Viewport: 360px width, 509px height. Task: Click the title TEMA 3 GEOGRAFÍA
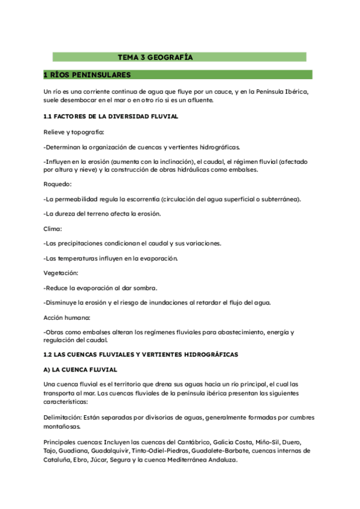(155, 58)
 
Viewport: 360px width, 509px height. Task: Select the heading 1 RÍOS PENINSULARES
(87, 75)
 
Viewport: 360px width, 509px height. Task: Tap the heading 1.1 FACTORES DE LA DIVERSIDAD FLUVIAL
(110, 116)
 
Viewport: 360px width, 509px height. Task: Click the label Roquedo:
(58, 184)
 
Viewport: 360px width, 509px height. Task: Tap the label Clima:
(53, 229)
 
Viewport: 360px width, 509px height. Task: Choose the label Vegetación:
(61, 273)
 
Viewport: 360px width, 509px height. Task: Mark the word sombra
(145, 288)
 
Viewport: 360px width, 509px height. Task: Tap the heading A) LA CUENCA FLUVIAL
(80, 370)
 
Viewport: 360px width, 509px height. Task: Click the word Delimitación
(63, 417)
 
